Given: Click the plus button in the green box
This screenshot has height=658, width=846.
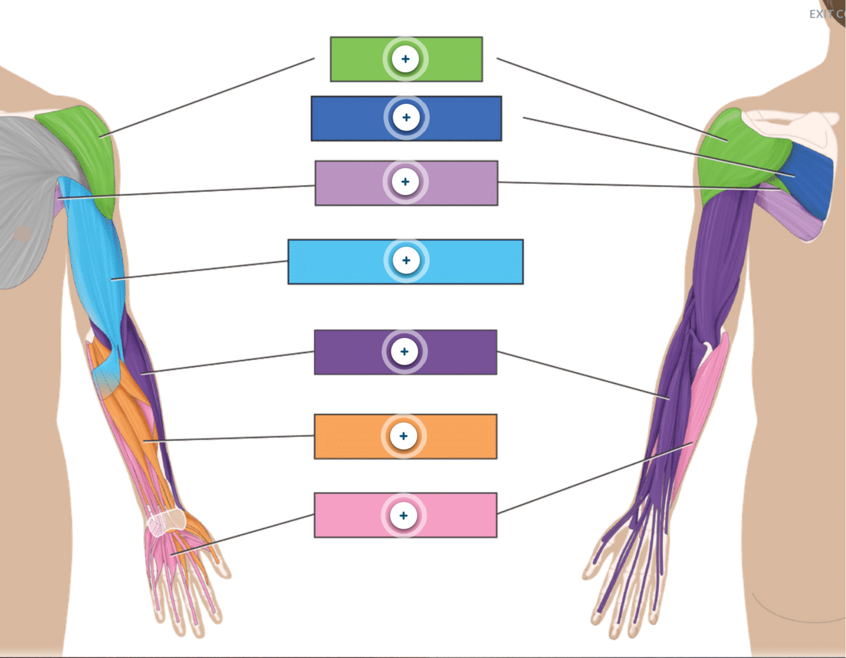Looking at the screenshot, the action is (x=405, y=59).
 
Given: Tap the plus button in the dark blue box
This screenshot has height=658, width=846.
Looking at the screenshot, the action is (x=406, y=117).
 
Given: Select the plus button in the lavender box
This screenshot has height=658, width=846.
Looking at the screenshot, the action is (x=405, y=182).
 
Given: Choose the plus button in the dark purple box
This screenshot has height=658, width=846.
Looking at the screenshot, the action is (x=405, y=351).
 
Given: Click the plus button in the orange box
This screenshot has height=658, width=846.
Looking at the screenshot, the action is (x=403, y=436).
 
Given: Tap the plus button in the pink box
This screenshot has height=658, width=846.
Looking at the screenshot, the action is (x=403, y=515).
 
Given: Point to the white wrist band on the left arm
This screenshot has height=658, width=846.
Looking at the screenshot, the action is (x=166, y=522).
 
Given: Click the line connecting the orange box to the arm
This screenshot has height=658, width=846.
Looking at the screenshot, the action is (x=228, y=438).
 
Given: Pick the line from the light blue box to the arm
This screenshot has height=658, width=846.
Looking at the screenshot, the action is (x=200, y=269).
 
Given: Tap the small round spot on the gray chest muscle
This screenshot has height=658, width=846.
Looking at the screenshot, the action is (x=22, y=234).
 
